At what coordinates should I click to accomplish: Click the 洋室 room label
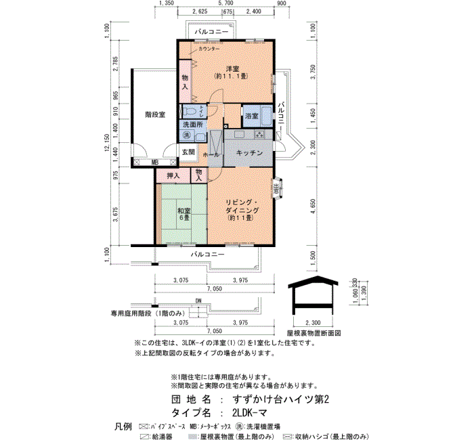click(x=234, y=67)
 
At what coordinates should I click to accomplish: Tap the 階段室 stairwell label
click(x=154, y=114)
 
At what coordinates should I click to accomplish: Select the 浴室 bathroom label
click(x=251, y=116)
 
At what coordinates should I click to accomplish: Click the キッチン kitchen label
click(x=250, y=153)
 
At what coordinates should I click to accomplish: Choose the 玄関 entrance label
click(x=188, y=152)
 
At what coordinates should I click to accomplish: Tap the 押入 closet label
click(x=173, y=176)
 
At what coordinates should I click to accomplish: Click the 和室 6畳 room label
click(x=184, y=215)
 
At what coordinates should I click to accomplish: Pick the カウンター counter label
click(x=209, y=49)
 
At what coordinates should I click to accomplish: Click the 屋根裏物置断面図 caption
click(x=314, y=334)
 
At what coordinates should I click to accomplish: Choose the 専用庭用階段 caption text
click(x=148, y=313)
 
